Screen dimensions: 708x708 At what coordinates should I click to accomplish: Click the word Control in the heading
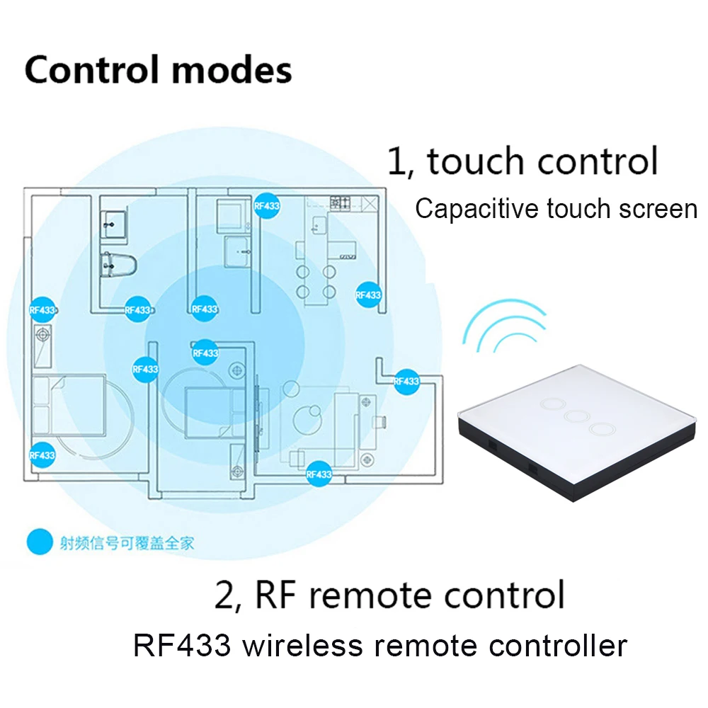coord(88,70)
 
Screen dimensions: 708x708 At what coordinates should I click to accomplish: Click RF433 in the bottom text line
coord(178,646)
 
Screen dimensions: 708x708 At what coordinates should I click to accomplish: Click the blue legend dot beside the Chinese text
coord(40,542)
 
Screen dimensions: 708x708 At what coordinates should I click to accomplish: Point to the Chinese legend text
coord(127,543)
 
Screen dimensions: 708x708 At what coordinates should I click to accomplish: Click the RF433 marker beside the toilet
coord(137,309)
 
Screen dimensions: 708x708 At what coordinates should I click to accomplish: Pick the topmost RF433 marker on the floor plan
coord(267,206)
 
